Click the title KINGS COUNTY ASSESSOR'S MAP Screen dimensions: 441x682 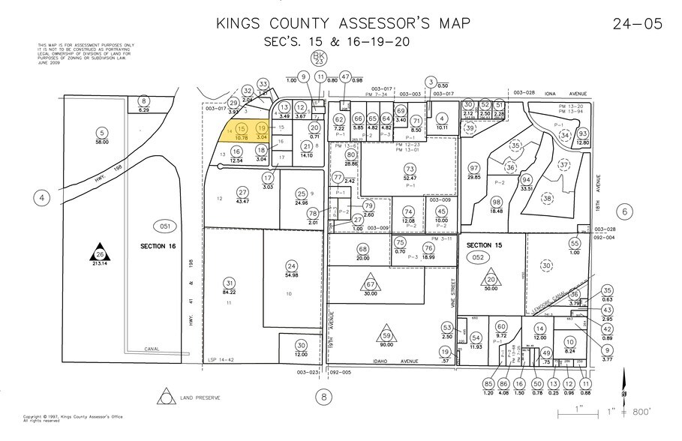pyautogui.click(x=344, y=23)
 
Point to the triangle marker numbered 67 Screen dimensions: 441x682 pyautogui.click(x=371, y=284)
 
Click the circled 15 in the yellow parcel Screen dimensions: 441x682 pyautogui.click(x=241, y=130)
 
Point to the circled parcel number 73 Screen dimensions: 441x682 pyautogui.click(x=410, y=169)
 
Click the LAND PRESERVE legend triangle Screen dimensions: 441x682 pyautogui.click(x=163, y=397)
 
